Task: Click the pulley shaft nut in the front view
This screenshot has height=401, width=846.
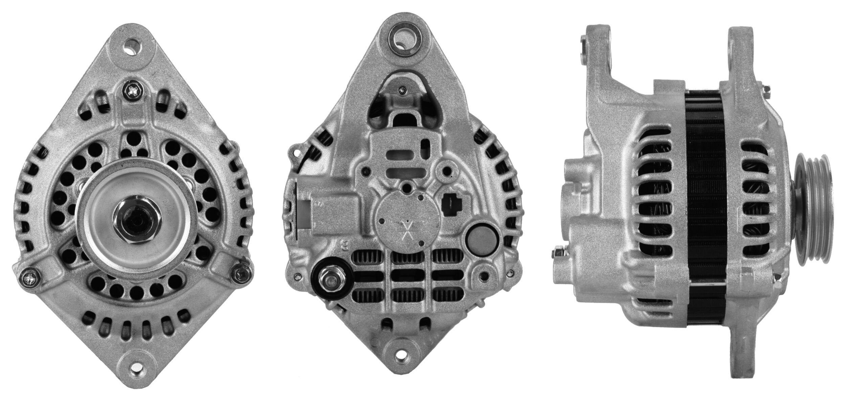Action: click(x=137, y=220)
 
